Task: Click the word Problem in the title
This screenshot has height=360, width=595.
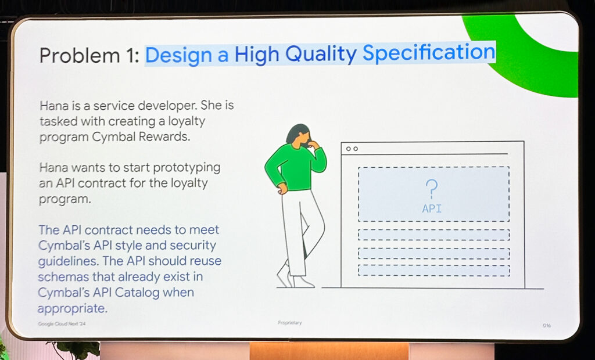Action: [x=79, y=55]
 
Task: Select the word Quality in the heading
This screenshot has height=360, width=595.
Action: [x=321, y=54]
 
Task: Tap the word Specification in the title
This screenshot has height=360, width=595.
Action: [x=429, y=53]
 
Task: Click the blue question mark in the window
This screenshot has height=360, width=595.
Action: [x=431, y=189]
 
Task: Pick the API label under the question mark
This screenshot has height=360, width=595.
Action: [x=432, y=208]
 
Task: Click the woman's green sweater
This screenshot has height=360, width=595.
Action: [x=295, y=166]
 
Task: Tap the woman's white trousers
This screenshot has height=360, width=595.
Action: [x=300, y=232]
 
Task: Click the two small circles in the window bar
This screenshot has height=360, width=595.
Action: [x=352, y=149]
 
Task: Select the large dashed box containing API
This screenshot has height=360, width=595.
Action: [x=433, y=194]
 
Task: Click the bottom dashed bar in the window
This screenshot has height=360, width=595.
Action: [x=433, y=270]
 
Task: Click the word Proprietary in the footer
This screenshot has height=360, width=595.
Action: [x=289, y=323]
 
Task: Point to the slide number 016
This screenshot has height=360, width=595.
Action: [x=546, y=326]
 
